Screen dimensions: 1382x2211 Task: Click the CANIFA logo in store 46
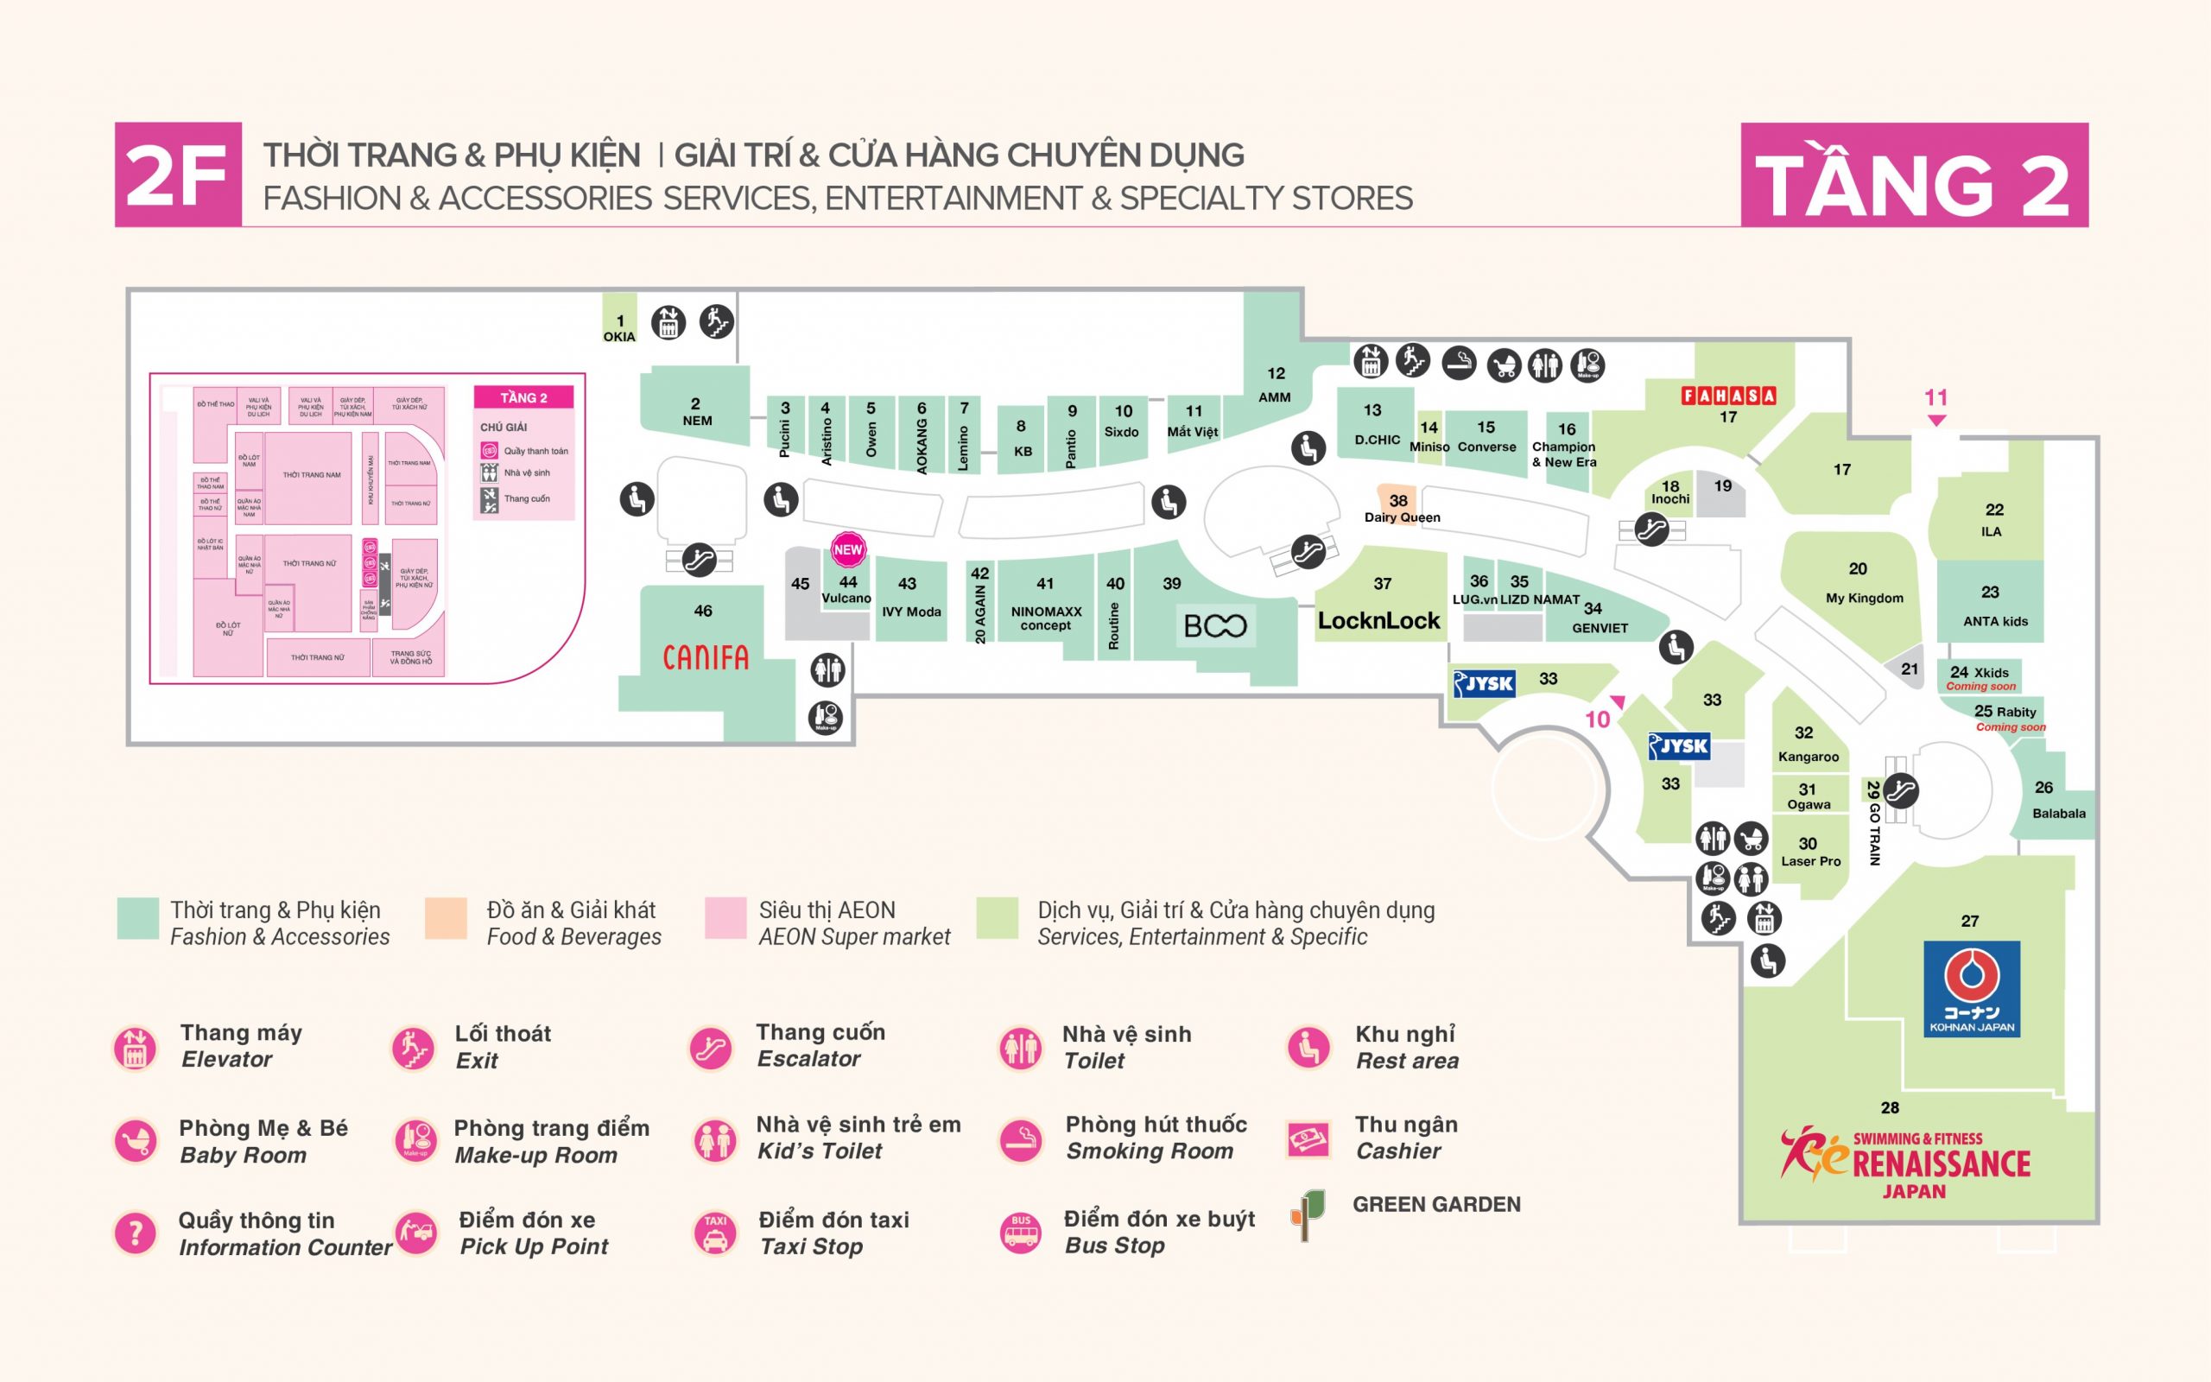[x=706, y=657]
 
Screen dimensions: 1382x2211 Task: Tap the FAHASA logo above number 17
[x=1728, y=396]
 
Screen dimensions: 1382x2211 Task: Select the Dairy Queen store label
[x=1402, y=517]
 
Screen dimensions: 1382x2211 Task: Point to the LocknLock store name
[x=1378, y=622]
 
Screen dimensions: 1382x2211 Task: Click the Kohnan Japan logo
[x=1972, y=989]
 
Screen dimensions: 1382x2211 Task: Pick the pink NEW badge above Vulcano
[x=848, y=549]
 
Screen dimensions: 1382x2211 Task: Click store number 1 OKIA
[x=619, y=328]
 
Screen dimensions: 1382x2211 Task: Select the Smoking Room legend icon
[x=1021, y=1140]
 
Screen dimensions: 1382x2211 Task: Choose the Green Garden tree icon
[x=1308, y=1215]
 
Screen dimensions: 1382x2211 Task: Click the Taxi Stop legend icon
[x=714, y=1233]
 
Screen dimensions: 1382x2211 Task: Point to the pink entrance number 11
[x=1935, y=397]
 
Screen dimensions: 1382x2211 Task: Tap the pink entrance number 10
[x=1597, y=720]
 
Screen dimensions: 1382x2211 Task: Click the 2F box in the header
[x=177, y=174]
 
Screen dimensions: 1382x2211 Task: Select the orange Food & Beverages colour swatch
[x=446, y=918]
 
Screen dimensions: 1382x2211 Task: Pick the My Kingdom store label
[x=1864, y=598]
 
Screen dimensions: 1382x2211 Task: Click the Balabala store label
[x=2058, y=814]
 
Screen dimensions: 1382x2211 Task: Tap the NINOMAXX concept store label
[x=1046, y=618]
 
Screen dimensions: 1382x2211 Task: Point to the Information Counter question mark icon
[x=136, y=1233]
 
